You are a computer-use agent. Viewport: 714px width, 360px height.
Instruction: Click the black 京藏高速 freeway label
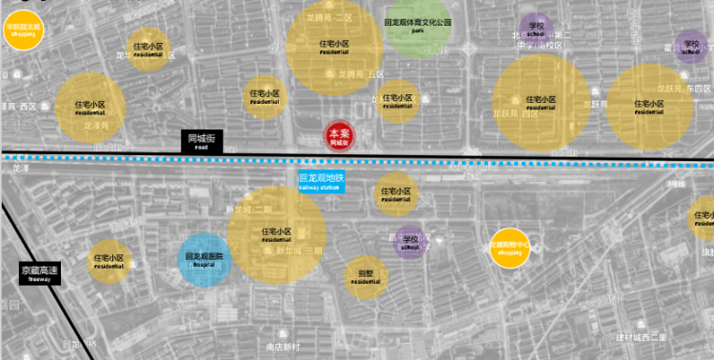[40, 272]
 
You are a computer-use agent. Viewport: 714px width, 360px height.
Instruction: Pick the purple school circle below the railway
[410, 241]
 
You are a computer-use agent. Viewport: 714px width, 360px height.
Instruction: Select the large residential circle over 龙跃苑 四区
[649, 106]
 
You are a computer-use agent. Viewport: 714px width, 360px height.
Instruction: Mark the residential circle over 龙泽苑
[90, 107]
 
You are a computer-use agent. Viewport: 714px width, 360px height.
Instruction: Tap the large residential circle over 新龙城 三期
[277, 236]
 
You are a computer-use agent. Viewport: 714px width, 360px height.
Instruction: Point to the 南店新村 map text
[283, 346]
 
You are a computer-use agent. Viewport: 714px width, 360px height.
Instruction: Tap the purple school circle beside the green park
[535, 29]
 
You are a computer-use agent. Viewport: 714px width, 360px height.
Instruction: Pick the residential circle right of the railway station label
[396, 195]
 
